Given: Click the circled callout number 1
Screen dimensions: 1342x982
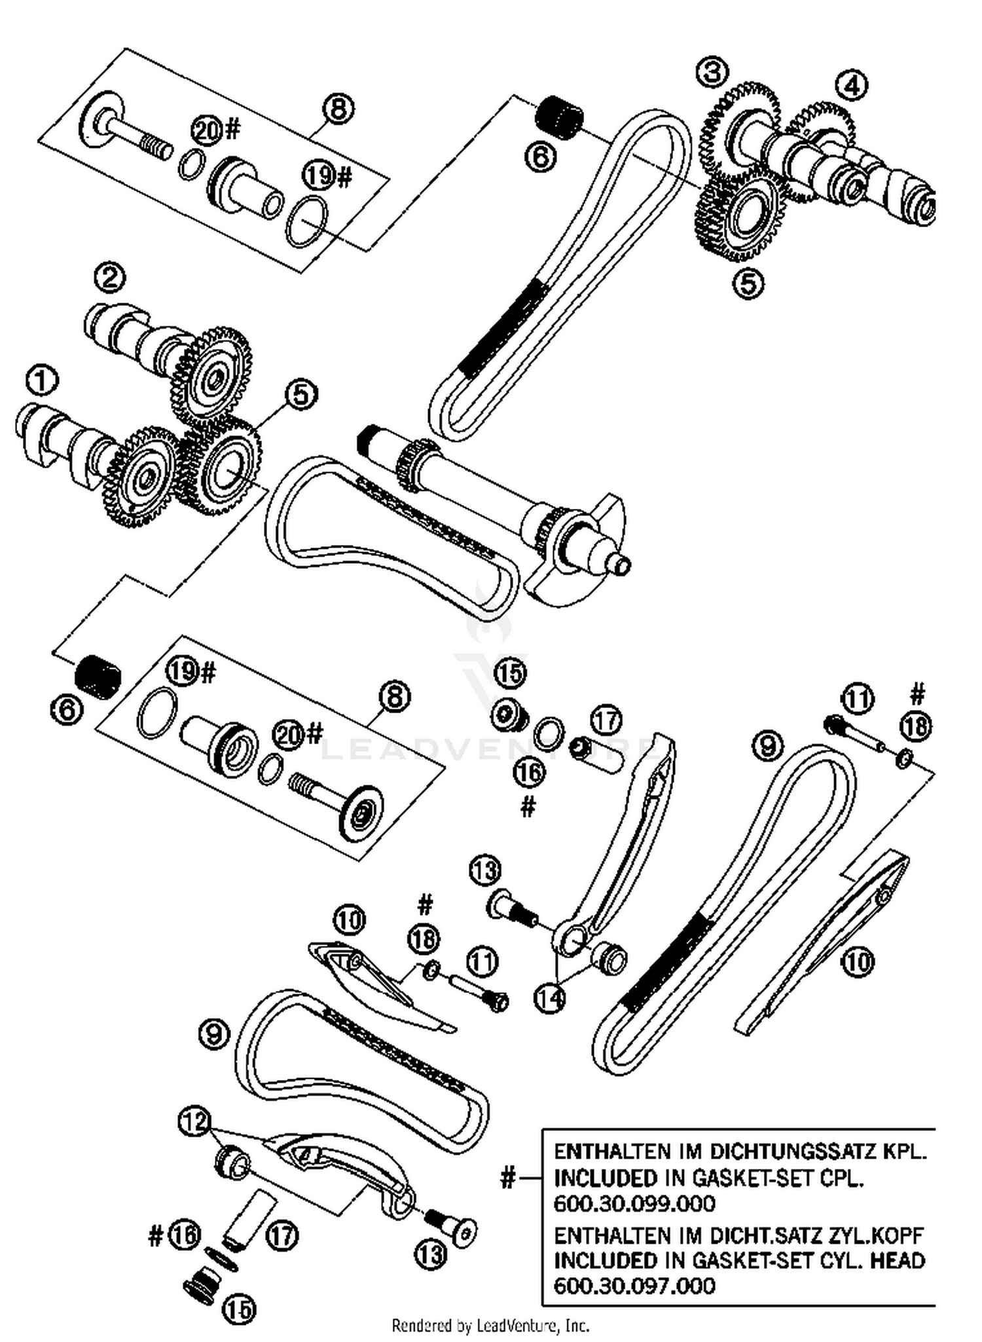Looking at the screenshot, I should point(41,382).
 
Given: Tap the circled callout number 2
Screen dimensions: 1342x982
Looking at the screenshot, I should point(109,278).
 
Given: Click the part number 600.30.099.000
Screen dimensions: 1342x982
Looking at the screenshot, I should point(634,1204).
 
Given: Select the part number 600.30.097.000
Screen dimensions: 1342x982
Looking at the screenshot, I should point(634,1286).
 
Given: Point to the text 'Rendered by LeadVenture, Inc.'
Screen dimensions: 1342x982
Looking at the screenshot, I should point(490,1326).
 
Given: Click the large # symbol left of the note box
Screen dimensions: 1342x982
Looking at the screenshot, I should point(507,1178).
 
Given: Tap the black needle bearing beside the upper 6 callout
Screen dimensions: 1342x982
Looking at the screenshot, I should point(560,117).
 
